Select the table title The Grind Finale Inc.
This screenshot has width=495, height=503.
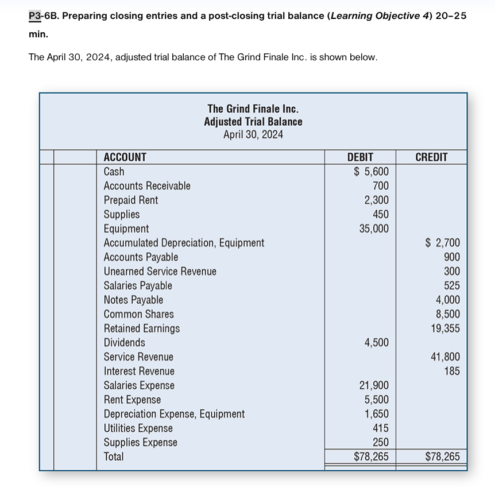(253, 109)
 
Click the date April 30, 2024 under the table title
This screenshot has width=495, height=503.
(253, 135)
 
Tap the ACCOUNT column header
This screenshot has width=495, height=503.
(125, 157)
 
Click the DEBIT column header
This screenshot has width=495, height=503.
(360, 157)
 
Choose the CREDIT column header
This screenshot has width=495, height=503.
(431, 157)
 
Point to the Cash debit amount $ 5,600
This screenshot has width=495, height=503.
(370, 172)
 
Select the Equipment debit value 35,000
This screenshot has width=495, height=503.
(373, 229)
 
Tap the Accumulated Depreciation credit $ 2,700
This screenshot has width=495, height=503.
(442, 243)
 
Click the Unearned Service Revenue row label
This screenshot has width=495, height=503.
(160, 272)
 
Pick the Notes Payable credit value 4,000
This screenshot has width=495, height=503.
(448, 300)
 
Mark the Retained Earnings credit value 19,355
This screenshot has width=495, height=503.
(445, 328)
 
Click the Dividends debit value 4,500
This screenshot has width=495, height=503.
(376, 343)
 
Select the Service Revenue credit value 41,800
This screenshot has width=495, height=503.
(445, 357)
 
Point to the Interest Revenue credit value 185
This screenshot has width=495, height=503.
(451, 371)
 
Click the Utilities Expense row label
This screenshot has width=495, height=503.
(138, 428)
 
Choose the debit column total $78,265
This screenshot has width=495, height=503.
(370, 457)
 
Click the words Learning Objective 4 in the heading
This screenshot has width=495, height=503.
(380, 16)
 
